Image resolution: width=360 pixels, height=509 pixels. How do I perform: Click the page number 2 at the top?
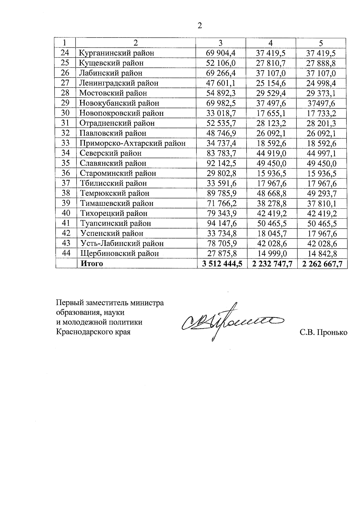click(199, 26)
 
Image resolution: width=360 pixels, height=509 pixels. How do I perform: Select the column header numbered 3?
click(221, 43)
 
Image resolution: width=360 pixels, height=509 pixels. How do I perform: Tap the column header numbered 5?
click(321, 43)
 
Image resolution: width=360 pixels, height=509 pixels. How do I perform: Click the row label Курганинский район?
click(116, 53)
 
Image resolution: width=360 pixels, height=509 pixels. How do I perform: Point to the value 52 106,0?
click(221, 63)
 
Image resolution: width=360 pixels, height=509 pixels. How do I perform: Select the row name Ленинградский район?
click(118, 83)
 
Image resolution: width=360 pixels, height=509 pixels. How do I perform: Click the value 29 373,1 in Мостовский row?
click(321, 93)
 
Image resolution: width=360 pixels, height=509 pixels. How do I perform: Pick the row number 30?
click(65, 113)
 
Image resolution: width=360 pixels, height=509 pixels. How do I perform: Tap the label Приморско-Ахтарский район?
click(132, 143)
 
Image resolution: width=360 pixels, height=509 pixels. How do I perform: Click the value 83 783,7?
click(221, 153)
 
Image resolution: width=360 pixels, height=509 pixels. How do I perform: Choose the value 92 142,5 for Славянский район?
click(221, 163)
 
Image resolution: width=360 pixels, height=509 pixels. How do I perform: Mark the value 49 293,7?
click(322, 193)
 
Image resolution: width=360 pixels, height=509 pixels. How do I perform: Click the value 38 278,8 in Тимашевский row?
click(271, 204)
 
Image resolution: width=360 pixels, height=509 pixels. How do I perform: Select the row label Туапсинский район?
click(115, 223)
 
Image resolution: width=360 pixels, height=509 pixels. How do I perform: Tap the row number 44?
click(66, 253)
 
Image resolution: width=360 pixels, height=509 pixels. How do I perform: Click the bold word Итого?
click(91, 264)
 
